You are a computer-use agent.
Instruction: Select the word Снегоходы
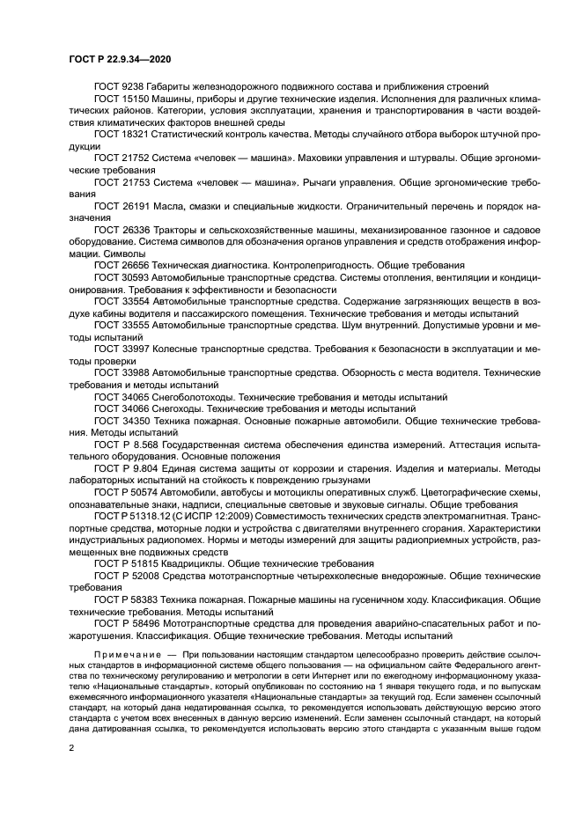(180, 408)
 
